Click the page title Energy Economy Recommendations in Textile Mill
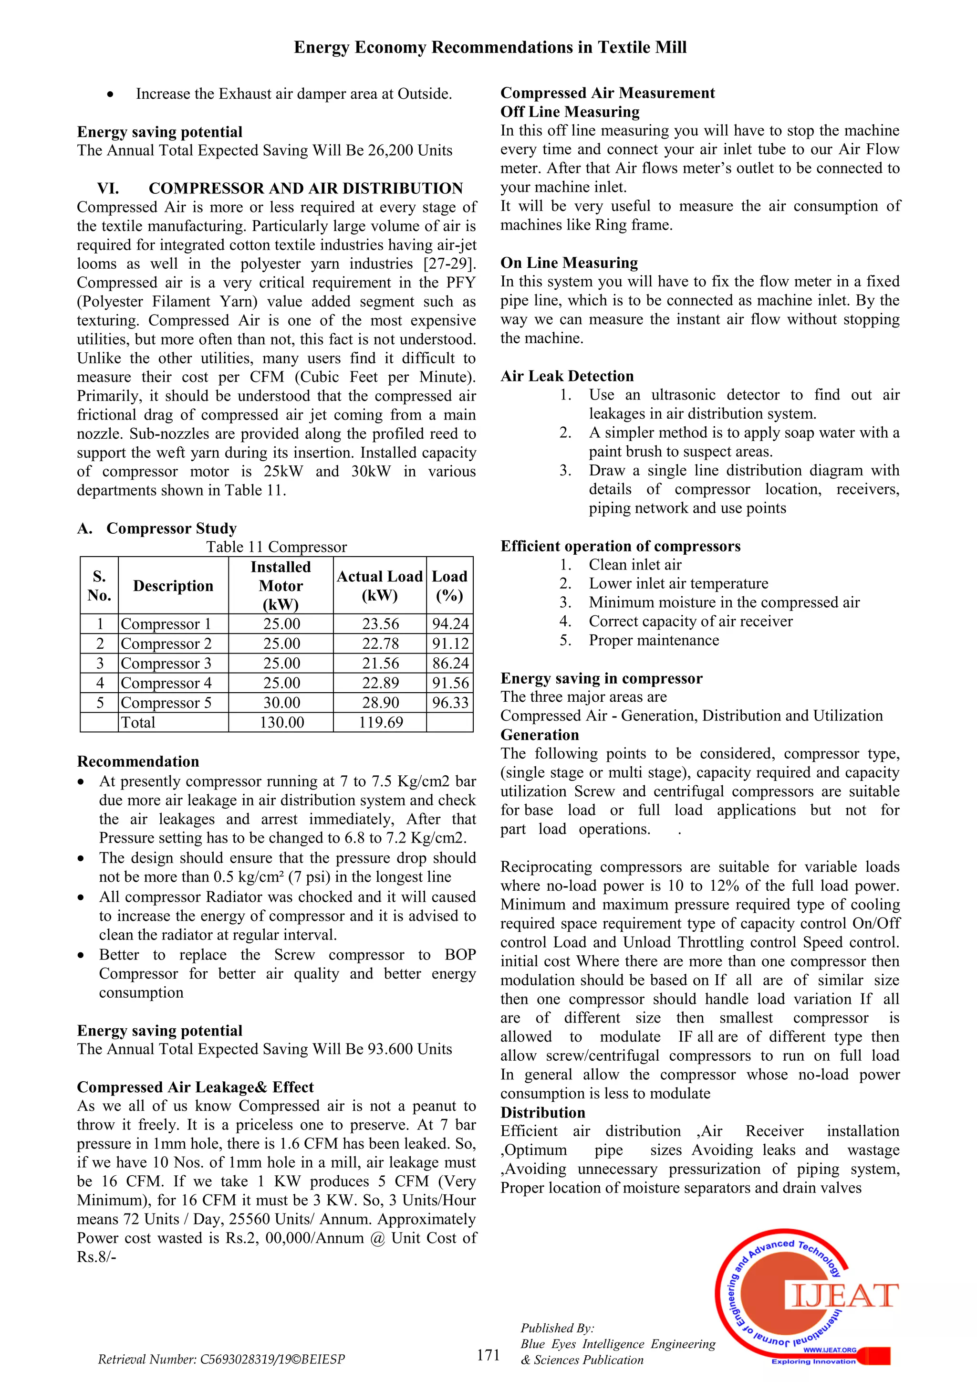pos(490,48)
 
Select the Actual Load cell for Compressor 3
pos(380,663)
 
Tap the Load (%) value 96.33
pos(450,702)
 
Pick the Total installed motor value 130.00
pos(281,722)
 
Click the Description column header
pos(173,586)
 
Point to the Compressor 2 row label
pos(166,644)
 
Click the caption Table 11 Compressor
pos(276,547)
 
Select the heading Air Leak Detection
pos(567,376)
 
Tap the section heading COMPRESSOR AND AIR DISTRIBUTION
pos(306,189)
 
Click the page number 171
pos(488,1354)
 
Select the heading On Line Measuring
pos(569,263)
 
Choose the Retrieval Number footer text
pos(221,1359)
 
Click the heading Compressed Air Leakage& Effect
pos(195,1087)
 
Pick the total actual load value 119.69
pos(380,722)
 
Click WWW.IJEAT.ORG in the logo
pos(829,1350)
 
